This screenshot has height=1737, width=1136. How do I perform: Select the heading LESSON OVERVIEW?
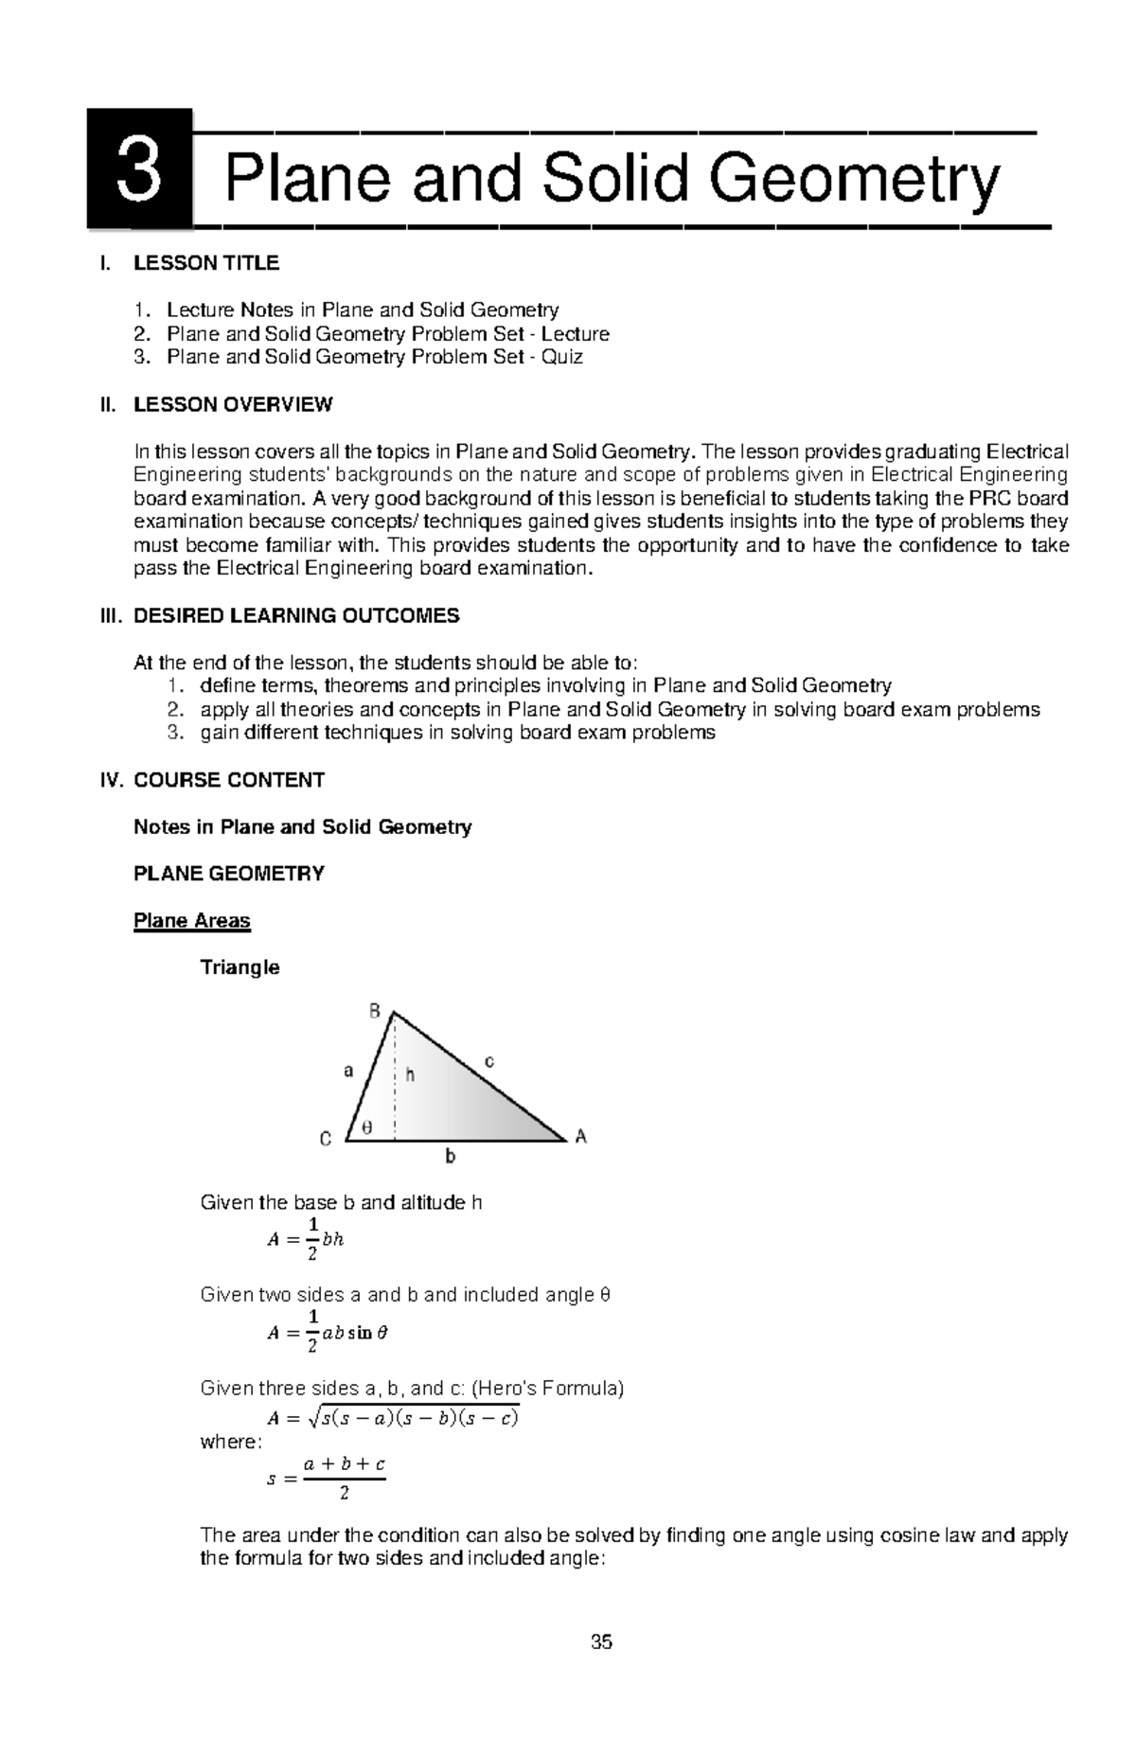point(233,405)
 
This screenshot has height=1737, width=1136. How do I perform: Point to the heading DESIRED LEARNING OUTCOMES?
point(296,616)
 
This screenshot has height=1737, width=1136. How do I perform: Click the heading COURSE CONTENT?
point(229,780)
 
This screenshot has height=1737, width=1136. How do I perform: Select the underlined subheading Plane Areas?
point(192,921)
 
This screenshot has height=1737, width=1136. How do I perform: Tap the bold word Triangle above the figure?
point(240,967)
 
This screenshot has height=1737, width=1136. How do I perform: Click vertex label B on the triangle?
point(375,1012)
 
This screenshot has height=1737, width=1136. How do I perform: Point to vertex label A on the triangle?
point(581,1137)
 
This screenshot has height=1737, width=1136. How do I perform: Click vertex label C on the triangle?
point(326,1140)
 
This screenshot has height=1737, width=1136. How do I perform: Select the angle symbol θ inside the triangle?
point(367,1127)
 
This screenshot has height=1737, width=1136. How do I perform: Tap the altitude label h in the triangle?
point(411,1074)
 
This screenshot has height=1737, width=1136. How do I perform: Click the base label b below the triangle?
point(451,1157)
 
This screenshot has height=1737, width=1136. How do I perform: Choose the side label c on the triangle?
point(489,1062)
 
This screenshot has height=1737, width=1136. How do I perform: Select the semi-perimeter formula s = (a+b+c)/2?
point(328,1478)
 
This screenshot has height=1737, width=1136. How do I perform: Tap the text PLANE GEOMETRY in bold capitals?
point(229,874)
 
